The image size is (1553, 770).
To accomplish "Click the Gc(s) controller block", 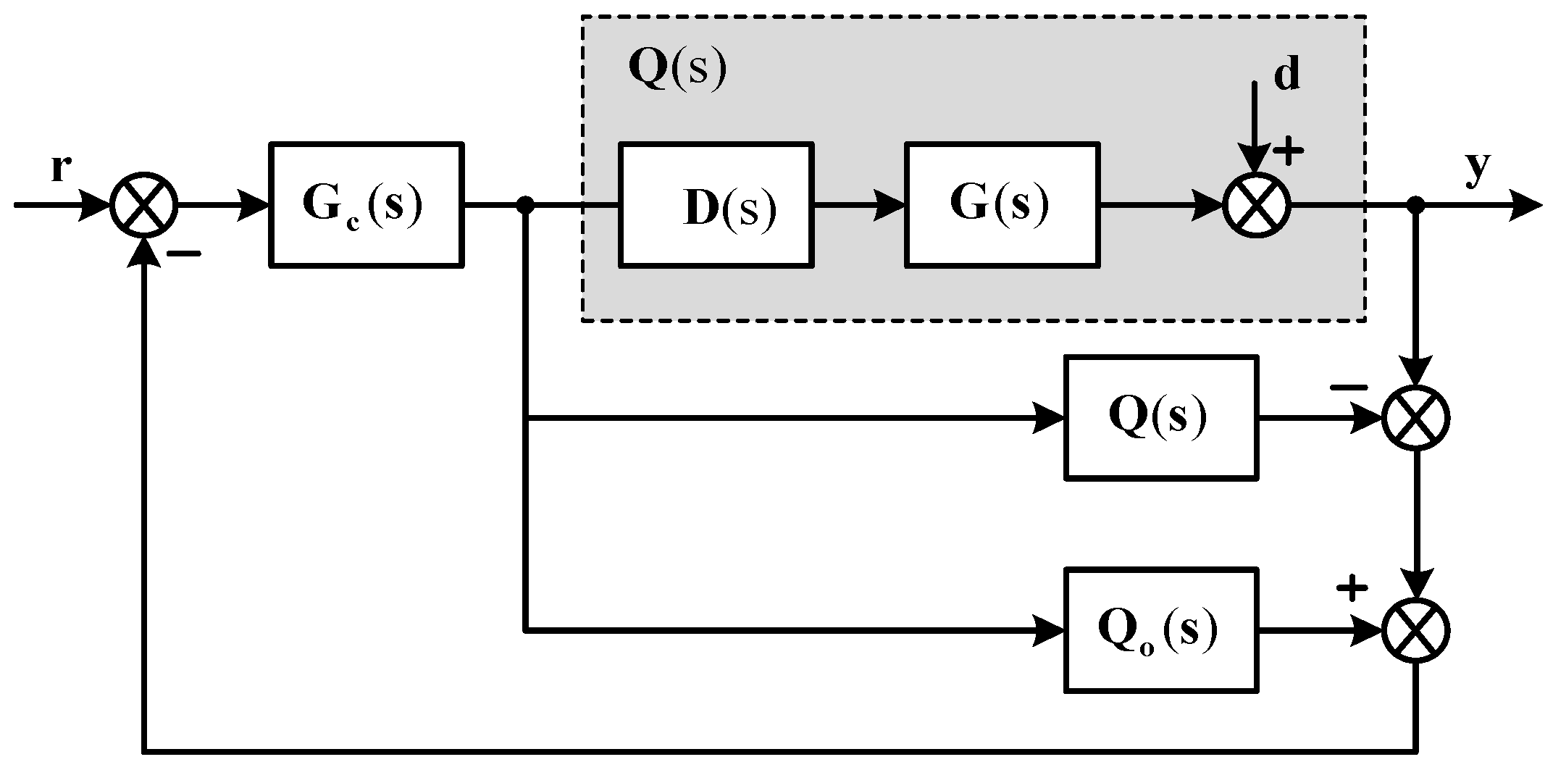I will pyautogui.click(x=366, y=205).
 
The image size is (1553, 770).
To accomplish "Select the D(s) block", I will pyautogui.click(x=716, y=205).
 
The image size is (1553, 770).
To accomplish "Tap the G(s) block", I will pyautogui.click(x=1002, y=205).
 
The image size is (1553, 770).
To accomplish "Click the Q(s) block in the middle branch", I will pyautogui.click(x=1161, y=417).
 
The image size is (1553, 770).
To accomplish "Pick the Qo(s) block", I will pyautogui.click(x=1161, y=629).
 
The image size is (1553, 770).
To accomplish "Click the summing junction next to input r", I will pyautogui.click(x=145, y=205).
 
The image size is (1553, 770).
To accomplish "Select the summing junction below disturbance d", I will pyautogui.click(x=1257, y=205).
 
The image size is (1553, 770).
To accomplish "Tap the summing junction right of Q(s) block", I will pyautogui.click(x=1416, y=418).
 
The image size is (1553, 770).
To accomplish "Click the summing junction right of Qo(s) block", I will pyautogui.click(x=1416, y=629).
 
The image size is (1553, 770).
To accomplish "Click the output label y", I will pyautogui.click(x=1478, y=169).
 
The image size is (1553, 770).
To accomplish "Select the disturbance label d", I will pyautogui.click(x=1286, y=75).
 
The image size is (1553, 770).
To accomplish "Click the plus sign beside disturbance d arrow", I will pyautogui.click(x=1289, y=153).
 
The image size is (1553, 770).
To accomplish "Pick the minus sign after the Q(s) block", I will pyautogui.click(x=1349, y=388).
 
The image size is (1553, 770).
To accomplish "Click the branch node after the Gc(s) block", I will pyautogui.click(x=527, y=206).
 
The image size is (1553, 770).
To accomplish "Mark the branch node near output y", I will pyautogui.click(x=1416, y=206).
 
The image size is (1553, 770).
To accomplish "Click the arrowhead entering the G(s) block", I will pyautogui.click(x=891, y=206).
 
